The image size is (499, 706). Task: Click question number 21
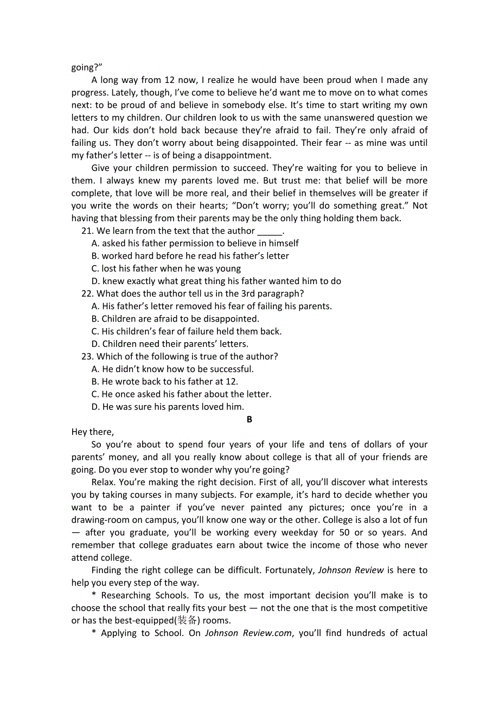tap(87, 231)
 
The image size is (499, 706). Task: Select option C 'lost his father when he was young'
tap(167, 268)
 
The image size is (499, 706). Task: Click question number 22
tap(87, 293)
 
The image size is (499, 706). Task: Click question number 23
tap(87, 356)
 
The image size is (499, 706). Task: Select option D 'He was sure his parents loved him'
tap(168, 407)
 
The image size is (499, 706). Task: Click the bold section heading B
tap(250, 419)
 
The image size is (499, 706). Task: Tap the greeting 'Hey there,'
tap(93, 432)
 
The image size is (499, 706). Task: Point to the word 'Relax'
tap(103, 482)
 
